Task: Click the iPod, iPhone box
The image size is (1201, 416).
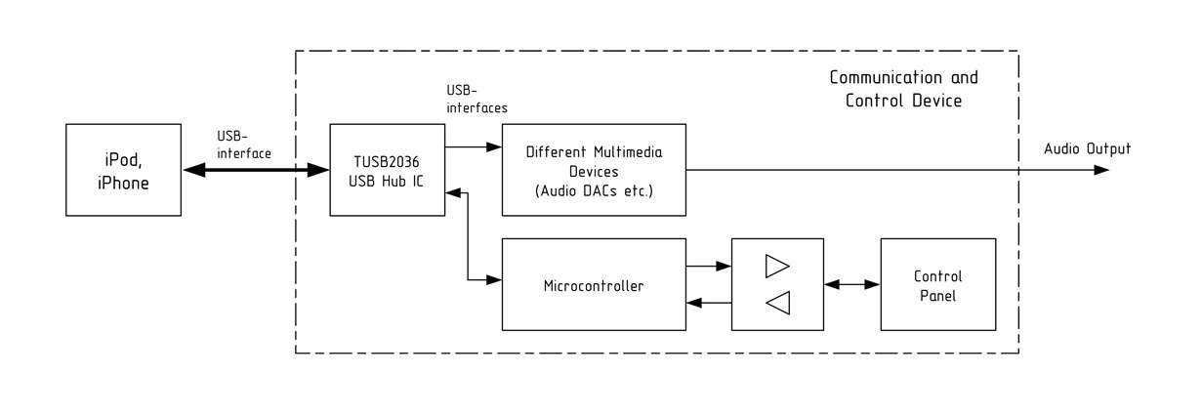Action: click(x=123, y=170)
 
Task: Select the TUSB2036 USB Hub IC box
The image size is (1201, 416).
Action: click(x=387, y=170)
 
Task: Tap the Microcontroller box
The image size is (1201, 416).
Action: click(x=594, y=284)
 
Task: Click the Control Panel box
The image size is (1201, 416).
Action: click(x=937, y=284)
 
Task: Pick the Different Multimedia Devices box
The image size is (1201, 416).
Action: click(x=594, y=170)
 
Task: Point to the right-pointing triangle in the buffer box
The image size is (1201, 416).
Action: click(x=777, y=267)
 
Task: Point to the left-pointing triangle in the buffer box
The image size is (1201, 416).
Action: click(x=778, y=303)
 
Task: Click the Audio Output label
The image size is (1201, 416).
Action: click(x=1087, y=148)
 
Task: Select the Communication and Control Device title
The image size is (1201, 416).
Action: click(x=903, y=89)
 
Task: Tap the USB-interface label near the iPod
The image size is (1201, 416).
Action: click(x=244, y=145)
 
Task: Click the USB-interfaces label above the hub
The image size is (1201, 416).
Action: click(x=476, y=100)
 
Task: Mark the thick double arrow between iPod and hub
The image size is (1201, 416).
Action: click(x=256, y=171)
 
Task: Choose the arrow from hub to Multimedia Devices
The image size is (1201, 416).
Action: click(x=474, y=146)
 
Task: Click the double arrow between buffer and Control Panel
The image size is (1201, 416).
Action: click(x=852, y=285)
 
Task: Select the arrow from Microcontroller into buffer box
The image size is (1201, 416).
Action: click(x=709, y=266)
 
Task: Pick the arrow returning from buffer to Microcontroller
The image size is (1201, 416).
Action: click(x=709, y=303)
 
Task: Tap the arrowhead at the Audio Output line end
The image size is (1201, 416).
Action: click(x=1101, y=170)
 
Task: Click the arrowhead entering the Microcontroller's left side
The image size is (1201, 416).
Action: click(x=494, y=280)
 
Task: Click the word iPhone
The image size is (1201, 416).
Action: click(x=123, y=183)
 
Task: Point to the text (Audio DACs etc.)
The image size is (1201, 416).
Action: click(x=594, y=190)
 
